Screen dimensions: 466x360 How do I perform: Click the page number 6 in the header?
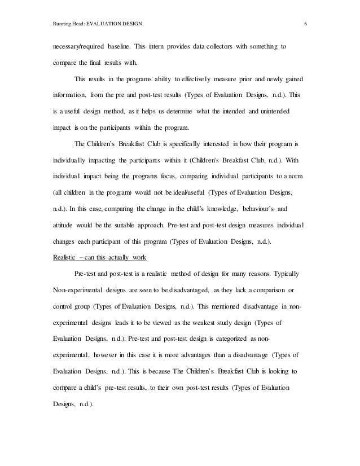pos(305,24)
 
